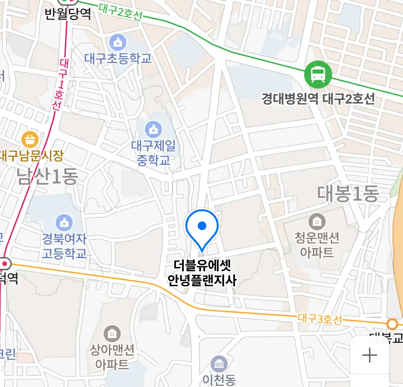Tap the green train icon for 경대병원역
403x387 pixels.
tap(318, 75)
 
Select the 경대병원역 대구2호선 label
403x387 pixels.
tap(318, 99)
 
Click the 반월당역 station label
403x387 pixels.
tap(68, 14)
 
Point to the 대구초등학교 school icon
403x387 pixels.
tap(118, 43)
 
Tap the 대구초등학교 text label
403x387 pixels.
tap(118, 58)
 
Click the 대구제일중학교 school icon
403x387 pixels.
tap(153, 129)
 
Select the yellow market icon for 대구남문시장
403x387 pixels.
tap(30, 140)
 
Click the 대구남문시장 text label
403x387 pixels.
tap(32, 156)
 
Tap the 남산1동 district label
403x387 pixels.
tap(48, 177)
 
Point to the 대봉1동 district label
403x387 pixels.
tap(348, 194)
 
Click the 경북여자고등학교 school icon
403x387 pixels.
tap(64, 223)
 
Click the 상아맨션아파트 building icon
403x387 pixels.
tap(112, 334)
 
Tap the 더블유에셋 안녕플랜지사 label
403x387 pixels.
tap(202, 273)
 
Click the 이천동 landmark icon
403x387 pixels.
tap(219, 364)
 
